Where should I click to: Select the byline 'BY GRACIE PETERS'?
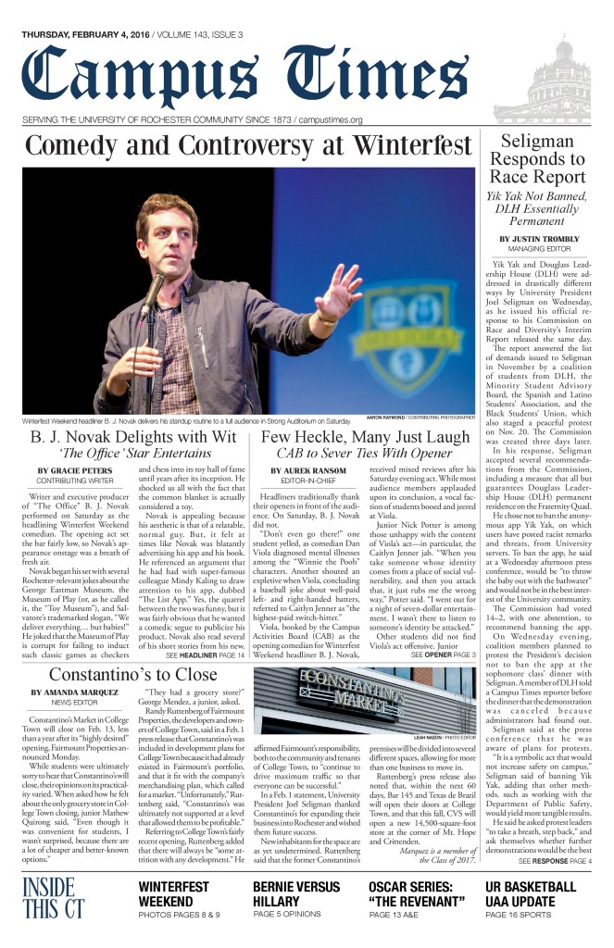pyautogui.click(x=69, y=471)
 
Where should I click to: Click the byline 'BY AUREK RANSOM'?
pyautogui.click(x=303, y=471)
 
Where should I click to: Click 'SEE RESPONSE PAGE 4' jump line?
pyautogui.click(x=556, y=861)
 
